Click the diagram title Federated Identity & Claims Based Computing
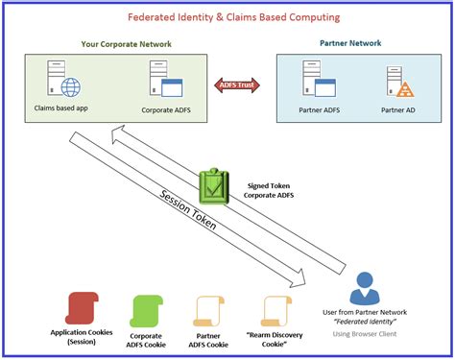pyautogui.click(x=227, y=17)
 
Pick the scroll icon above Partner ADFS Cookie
pyautogui.click(x=208, y=306)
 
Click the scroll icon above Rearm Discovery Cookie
pyautogui.click(x=275, y=306)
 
